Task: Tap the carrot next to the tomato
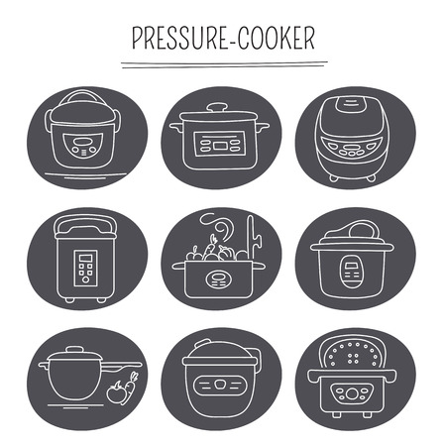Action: [x=130, y=389]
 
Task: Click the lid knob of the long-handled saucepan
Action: [x=74, y=350]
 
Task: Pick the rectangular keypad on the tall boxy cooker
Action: [x=85, y=268]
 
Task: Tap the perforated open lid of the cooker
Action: [x=352, y=353]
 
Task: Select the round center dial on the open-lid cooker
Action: [x=352, y=393]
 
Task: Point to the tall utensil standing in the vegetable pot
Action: [x=253, y=237]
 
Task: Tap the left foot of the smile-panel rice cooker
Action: [x=333, y=178]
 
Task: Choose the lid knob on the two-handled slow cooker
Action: [x=217, y=107]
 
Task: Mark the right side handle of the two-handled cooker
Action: [x=264, y=127]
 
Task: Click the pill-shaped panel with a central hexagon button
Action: [x=220, y=385]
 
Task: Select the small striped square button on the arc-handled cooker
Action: [x=84, y=153]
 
